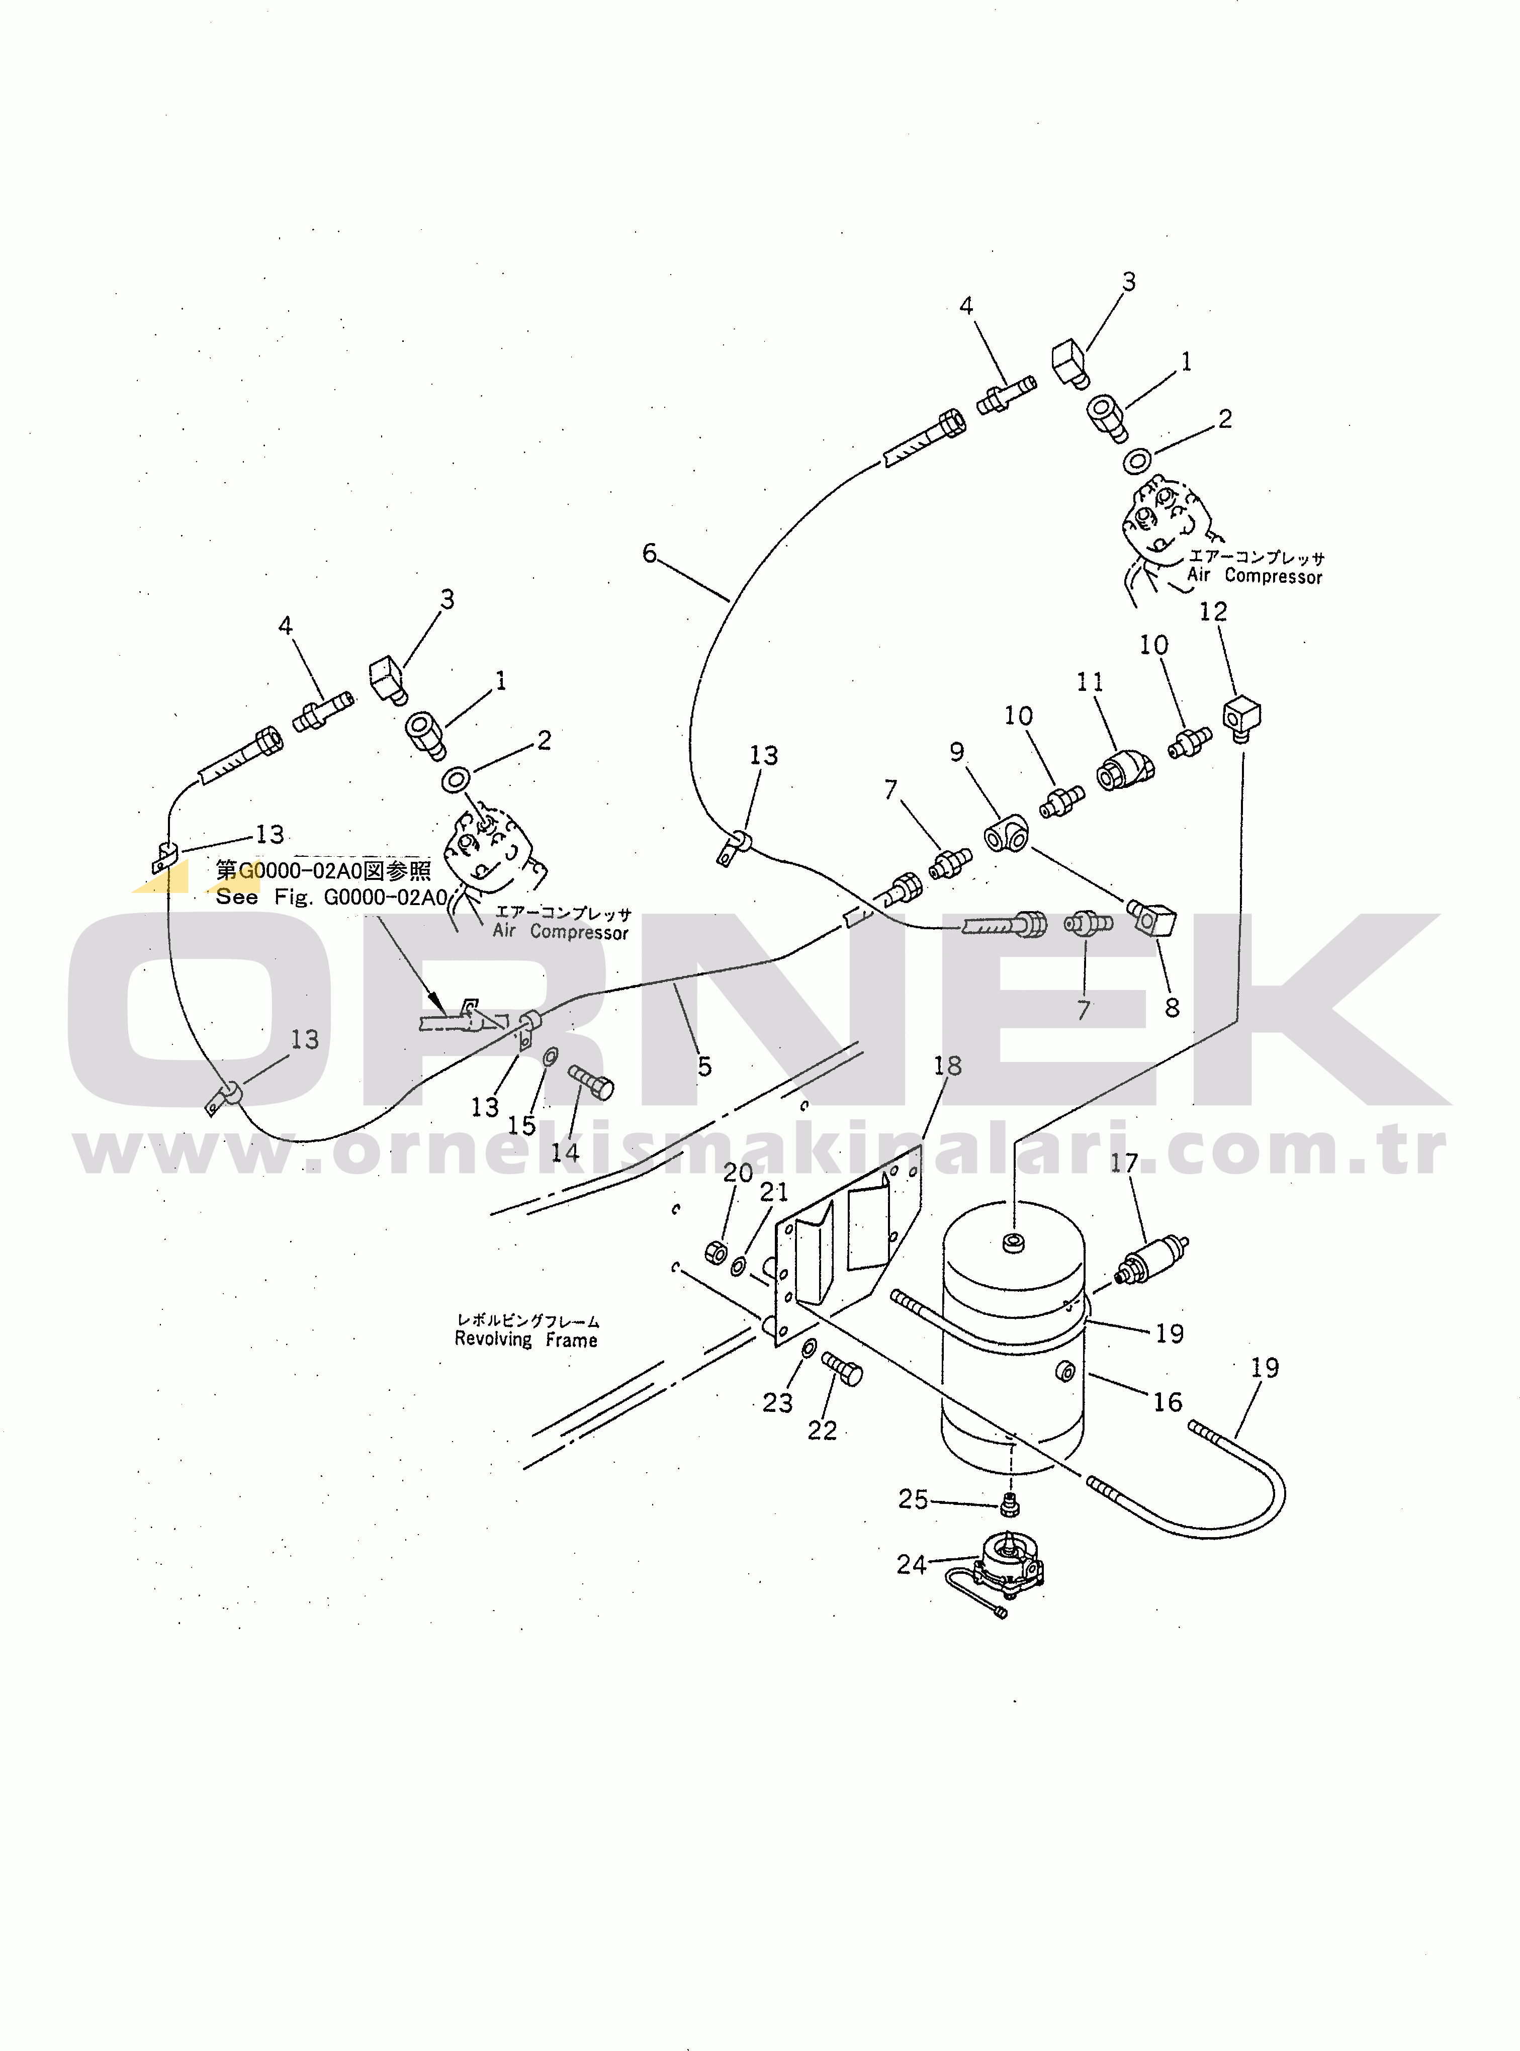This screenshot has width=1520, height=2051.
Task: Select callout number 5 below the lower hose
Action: (x=705, y=1066)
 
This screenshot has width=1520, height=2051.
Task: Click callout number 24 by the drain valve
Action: (x=911, y=1564)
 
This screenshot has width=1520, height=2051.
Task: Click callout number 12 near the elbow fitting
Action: (x=1213, y=612)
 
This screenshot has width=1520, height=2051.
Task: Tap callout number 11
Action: (x=1090, y=682)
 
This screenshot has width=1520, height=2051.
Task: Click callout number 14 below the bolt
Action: (x=565, y=1152)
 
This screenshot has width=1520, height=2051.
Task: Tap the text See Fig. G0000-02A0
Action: (x=331, y=897)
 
